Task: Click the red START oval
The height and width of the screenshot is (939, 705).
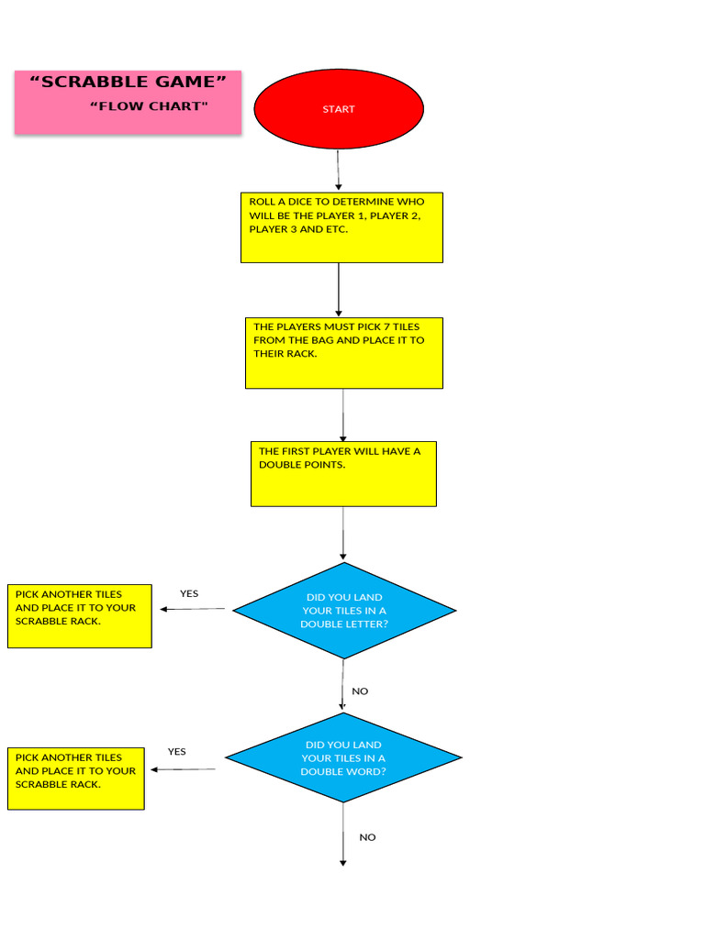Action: point(338,109)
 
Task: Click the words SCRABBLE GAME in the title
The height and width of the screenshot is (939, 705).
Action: point(129,83)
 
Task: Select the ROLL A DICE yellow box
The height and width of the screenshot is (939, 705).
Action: point(341,227)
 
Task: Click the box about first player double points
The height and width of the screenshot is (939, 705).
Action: point(343,473)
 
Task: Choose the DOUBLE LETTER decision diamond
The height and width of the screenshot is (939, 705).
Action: point(344,611)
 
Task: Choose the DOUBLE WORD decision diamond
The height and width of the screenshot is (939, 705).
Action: point(343,758)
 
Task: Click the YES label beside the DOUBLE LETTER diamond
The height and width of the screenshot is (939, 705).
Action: point(189,593)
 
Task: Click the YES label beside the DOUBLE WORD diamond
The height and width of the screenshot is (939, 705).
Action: point(176,752)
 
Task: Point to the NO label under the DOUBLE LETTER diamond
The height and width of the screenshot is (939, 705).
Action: point(360,691)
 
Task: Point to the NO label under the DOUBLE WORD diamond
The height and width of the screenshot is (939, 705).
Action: point(367,837)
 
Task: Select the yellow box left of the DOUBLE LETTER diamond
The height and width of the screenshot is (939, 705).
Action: point(80,616)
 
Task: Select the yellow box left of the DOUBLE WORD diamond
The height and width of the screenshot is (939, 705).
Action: point(76,779)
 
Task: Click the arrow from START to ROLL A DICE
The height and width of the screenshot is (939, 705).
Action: point(338,170)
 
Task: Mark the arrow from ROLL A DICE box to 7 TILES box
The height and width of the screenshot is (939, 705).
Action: point(339,290)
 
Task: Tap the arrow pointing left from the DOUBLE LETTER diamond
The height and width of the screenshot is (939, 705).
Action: point(192,609)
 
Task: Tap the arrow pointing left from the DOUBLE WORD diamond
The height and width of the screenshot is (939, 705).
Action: point(183,769)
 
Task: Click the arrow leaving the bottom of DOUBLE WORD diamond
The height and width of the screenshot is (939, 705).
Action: point(343,834)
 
